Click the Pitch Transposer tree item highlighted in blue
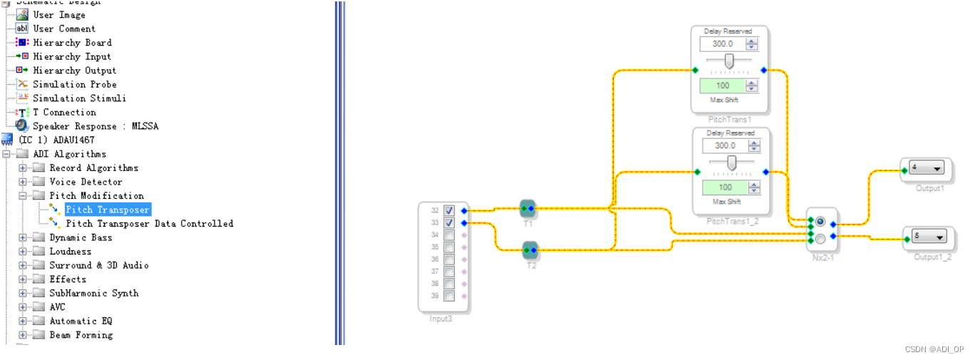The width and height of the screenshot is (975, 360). [108, 210]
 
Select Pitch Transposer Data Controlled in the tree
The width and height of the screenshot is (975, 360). [150, 224]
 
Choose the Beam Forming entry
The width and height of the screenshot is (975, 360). [81, 335]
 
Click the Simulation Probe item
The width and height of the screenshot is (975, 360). [75, 84]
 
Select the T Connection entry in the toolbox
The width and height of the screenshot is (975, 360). [64, 112]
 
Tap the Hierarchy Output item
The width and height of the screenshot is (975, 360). [75, 71]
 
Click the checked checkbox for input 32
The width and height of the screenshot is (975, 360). [449, 210]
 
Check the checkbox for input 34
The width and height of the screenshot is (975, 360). [449, 235]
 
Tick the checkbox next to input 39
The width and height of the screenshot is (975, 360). [449, 296]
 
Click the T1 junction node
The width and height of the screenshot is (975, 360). [528, 209]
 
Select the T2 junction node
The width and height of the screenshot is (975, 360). [530, 250]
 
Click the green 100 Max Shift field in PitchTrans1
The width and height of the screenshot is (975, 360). [722, 86]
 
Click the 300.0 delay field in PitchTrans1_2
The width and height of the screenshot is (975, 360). [725, 145]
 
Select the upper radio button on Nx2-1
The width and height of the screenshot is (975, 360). [820, 222]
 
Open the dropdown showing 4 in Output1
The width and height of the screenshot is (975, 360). [927, 168]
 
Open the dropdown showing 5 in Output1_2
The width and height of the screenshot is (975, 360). [929, 237]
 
